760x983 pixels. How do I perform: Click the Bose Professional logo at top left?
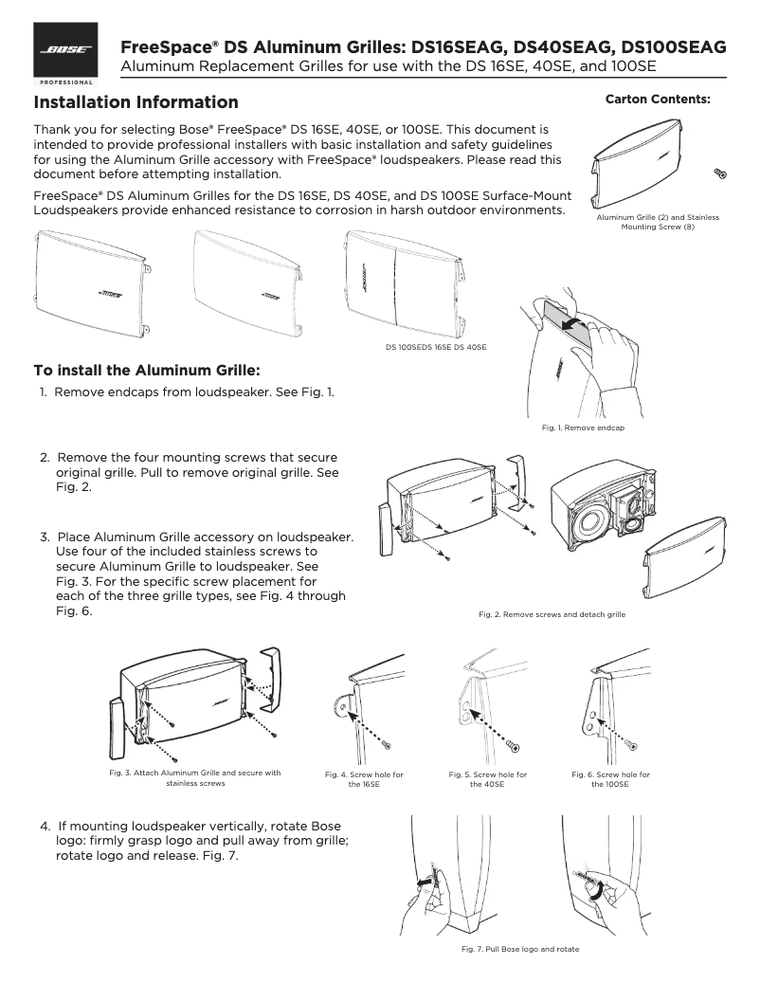[65, 55]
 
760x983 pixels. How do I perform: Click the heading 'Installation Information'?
[136, 102]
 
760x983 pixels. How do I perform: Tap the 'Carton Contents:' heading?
[658, 99]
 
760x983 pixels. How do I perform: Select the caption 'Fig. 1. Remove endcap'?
[583, 428]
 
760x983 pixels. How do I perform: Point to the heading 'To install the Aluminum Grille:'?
[147, 369]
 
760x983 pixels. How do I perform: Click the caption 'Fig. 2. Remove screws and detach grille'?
[552, 615]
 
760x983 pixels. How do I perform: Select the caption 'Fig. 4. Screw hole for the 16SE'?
[364, 779]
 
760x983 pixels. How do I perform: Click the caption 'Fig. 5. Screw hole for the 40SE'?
[487, 779]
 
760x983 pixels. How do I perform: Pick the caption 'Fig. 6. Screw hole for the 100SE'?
[610, 779]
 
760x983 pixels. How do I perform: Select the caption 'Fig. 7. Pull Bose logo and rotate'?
[519, 949]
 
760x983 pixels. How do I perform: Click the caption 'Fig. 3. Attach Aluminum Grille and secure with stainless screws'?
[196, 778]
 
